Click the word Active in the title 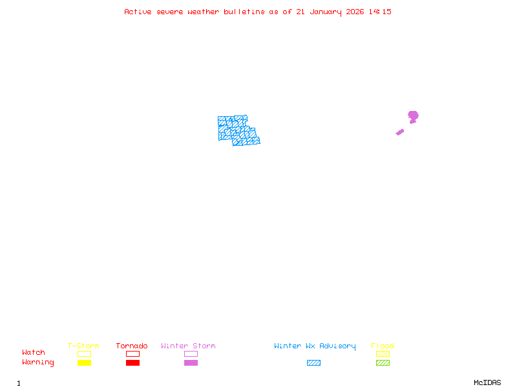tap(138, 12)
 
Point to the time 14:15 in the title tap(380, 12)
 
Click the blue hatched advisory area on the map tap(237, 130)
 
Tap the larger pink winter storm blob tap(413, 116)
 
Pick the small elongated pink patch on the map tap(400, 132)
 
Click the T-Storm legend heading tap(83, 346)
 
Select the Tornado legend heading tap(132, 346)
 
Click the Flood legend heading tap(383, 346)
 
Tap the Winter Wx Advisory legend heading tap(315, 346)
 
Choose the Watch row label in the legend tap(34, 353)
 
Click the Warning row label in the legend tap(38, 362)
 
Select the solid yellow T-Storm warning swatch tap(84, 362)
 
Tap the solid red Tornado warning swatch tap(132, 362)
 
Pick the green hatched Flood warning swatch tap(383, 362)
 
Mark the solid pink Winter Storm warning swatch tap(191, 362)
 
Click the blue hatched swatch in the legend tap(313, 362)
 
